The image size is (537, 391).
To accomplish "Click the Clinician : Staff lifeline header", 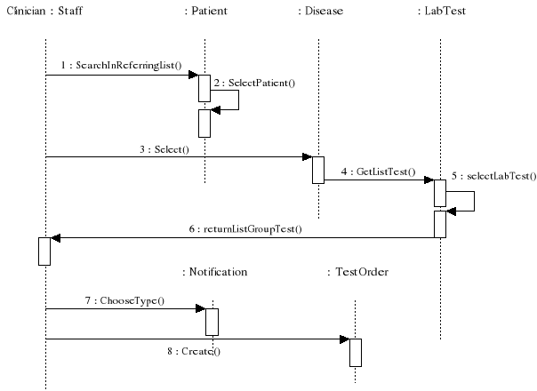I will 44,12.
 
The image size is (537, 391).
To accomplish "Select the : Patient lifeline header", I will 204,12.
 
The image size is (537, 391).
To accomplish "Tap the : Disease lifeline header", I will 321,12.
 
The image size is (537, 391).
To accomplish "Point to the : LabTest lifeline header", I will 440,12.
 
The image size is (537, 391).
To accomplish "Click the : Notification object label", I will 214,271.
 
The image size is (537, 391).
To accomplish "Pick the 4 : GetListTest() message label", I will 378,170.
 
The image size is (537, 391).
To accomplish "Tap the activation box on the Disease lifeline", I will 318,170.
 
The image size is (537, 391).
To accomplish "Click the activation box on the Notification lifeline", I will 212,321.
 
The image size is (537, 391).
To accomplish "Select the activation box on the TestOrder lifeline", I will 355,352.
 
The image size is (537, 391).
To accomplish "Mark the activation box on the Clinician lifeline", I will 44,251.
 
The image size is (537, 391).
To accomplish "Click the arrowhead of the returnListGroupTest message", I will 56,237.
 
